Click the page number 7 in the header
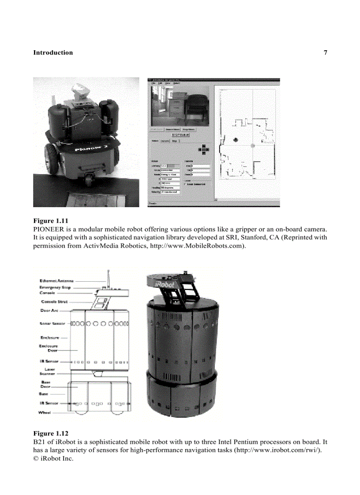[325, 53]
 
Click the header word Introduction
[53, 53]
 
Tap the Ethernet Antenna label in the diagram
[56, 281]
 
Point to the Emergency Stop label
[55, 287]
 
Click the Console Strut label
[54, 302]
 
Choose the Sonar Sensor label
[52, 324]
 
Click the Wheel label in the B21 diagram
[45, 413]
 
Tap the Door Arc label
[49, 311]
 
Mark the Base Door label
[45, 384]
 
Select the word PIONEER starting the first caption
[49, 230]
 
